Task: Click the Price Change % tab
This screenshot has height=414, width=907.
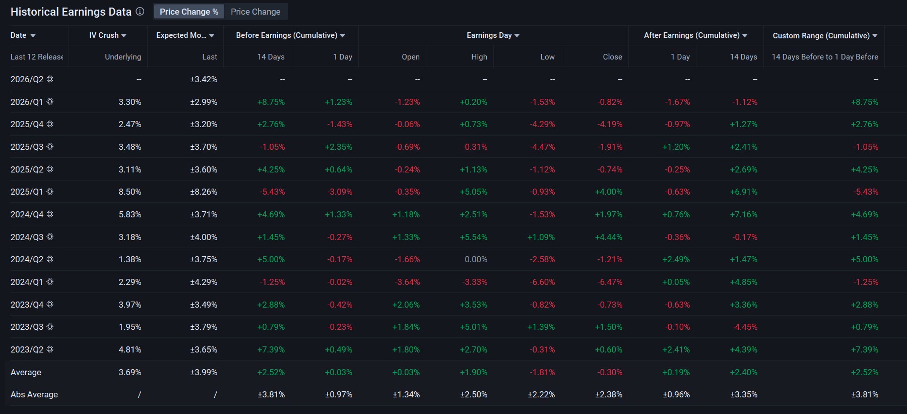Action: pos(189,12)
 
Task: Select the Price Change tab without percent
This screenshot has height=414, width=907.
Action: pos(255,12)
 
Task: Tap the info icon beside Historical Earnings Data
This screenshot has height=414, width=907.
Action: pos(140,11)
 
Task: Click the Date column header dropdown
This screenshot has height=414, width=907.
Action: pos(23,35)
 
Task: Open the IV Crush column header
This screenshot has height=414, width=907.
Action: pos(108,35)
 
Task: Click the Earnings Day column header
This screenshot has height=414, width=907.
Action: pos(493,35)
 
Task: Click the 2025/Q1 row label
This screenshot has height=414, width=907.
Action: pos(27,192)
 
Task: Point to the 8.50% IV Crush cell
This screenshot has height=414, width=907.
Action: pos(130,192)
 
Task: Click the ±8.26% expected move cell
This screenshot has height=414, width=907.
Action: pos(204,192)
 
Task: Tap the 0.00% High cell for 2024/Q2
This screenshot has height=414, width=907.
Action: pos(476,260)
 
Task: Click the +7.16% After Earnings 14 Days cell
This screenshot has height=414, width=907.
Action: pos(744,215)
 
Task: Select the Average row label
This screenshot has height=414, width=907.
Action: pos(26,373)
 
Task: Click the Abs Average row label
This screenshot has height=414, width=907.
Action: pos(34,395)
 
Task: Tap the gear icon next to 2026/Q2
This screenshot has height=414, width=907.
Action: pos(50,79)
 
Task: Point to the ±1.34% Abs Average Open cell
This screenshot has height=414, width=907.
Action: pos(406,395)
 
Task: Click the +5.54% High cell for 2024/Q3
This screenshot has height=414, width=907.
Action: pos(474,238)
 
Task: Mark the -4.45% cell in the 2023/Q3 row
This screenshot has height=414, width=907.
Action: pos(745,327)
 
